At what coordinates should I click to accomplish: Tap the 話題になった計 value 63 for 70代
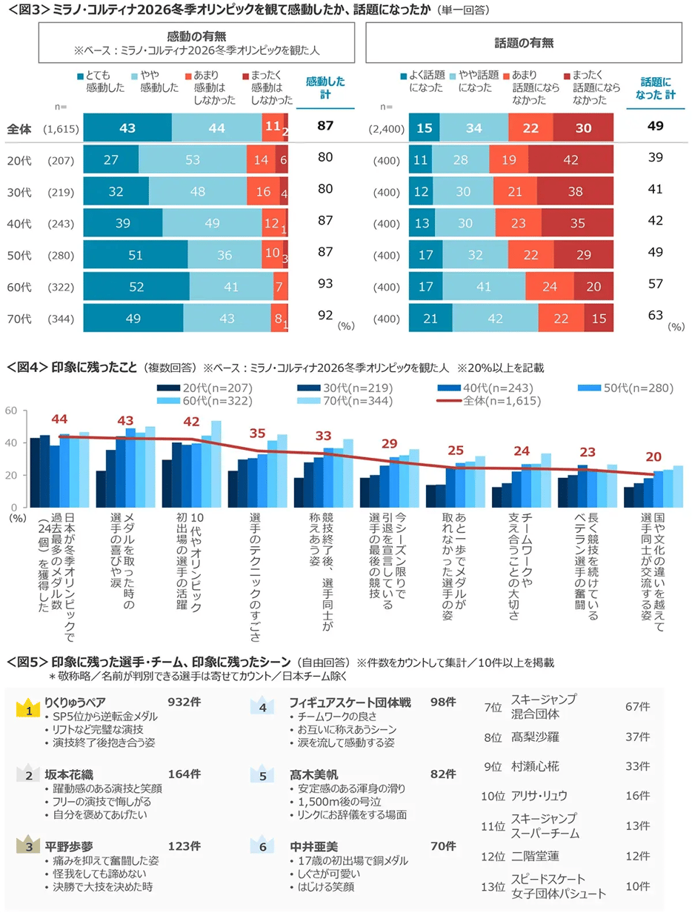tap(654, 316)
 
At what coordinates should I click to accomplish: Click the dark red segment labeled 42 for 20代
tap(571, 159)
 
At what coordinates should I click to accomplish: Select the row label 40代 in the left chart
tap(18, 222)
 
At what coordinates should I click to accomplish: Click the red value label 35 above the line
tap(257, 433)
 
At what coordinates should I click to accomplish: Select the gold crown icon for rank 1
tap(27, 708)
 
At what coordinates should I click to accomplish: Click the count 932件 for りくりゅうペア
tap(183, 701)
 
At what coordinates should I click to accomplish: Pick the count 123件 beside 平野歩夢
tap(183, 846)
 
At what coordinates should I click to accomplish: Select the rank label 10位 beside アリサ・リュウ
tap(493, 795)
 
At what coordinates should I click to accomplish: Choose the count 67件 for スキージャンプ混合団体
tap(636, 707)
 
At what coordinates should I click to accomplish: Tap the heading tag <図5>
tap(27, 662)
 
